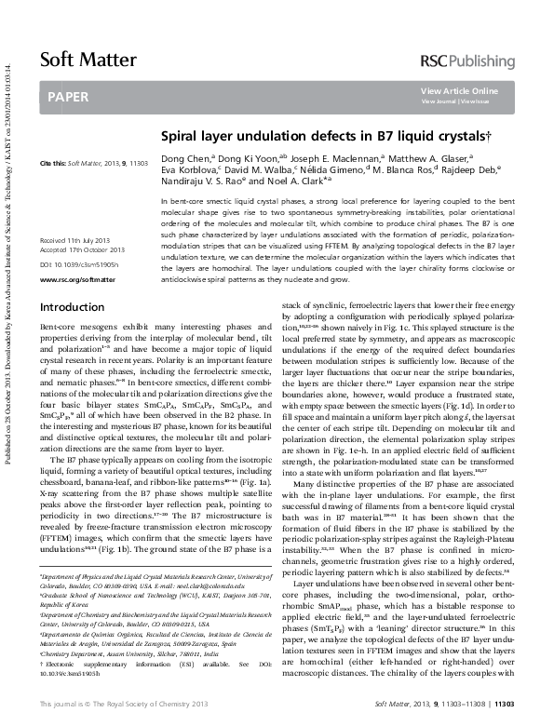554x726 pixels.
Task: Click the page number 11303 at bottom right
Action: [x=527, y=711]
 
